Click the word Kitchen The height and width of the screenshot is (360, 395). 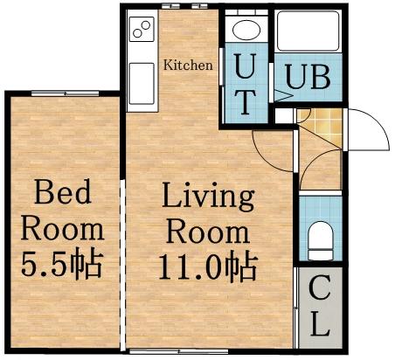coord(188,65)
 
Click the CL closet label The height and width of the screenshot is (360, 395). coord(319,307)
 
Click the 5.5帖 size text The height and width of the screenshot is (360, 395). coord(63,261)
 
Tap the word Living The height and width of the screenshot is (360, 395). coord(208,197)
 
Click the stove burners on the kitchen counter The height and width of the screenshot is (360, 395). coord(142,32)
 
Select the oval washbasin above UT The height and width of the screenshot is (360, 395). coord(246,32)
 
